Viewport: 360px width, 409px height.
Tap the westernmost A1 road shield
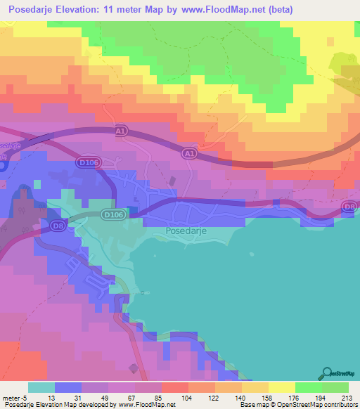pyautogui.click(x=121, y=131)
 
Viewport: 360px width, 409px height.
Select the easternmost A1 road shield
pyautogui.click(x=188, y=152)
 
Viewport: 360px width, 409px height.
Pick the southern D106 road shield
pyautogui.click(x=112, y=214)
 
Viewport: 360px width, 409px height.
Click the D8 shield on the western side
pyautogui.click(x=58, y=225)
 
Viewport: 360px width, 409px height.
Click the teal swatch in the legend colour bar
pyautogui.click(x=41, y=387)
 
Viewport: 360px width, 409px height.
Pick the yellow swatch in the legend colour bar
pyautogui.click(x=281, y=387)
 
